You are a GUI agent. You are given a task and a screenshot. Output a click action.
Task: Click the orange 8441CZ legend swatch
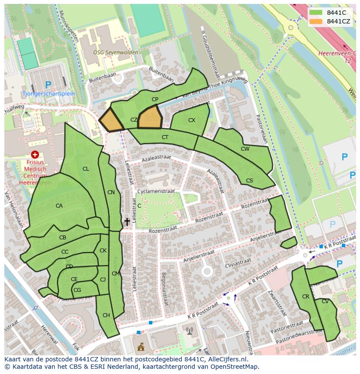[x=316, y=21]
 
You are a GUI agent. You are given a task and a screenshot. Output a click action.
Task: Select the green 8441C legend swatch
[x=316, y=13]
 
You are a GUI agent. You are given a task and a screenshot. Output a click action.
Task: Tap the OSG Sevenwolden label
[x=116, y=53]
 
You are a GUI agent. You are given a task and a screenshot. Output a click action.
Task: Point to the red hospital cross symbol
[x=35, y=155]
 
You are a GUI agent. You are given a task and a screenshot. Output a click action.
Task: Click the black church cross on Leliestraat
[x=127, y=222]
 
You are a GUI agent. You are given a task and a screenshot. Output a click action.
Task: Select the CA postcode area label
[x=59, y=206]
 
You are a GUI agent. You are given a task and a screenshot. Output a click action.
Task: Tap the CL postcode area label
[x=86, y=169]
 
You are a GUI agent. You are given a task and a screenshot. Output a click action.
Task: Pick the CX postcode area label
[x=192, y=120]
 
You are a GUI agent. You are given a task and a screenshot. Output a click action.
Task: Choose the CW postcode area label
[x=245, y=149]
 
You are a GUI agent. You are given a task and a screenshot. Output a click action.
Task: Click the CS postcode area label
[x=250, y=181]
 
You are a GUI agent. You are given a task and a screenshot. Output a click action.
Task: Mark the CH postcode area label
[x=106, y=315]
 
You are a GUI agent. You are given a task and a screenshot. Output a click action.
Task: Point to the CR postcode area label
[x=306, y=297]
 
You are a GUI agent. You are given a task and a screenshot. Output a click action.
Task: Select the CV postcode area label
[x=325, y=301]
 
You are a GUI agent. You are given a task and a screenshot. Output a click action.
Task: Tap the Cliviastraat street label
[x=238, y=262]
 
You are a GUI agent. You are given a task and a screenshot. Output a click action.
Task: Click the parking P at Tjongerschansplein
[x=48, y=85]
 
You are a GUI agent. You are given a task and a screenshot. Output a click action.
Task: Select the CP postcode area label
[x=155, y=99]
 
